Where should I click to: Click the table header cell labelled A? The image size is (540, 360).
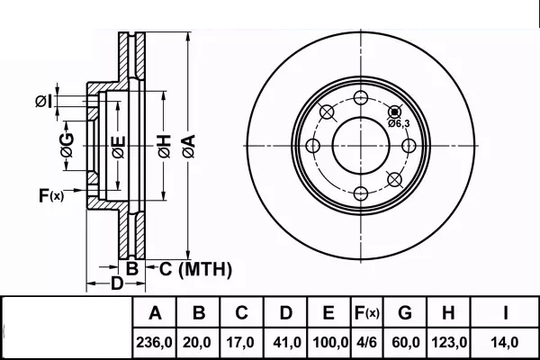(x=156, y=314)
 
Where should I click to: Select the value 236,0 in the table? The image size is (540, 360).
(x=156, y=343)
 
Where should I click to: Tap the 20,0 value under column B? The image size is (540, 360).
(x=200, y=343)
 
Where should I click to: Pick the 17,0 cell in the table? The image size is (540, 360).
(x=242, y=343)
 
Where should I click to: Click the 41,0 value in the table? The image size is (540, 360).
(x=285, y=343)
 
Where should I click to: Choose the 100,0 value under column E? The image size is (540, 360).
(x=329, y=343)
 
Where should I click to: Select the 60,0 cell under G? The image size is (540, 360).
(x=404, y=343)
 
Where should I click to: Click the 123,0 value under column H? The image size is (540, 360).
(x=448, y=343)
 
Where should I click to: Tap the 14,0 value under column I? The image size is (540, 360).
(x=506, y=343)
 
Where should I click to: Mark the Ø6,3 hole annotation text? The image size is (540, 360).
(x=400, y=123)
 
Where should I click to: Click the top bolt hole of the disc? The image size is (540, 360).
(x=362, y=99)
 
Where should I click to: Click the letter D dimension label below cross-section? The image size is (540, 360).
(x=116, y=285)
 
